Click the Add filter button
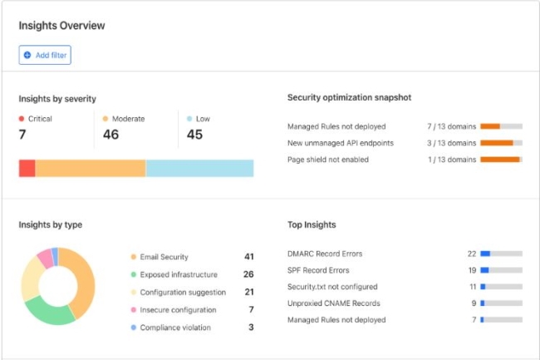click(45, 55)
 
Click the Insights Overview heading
click(61, 26)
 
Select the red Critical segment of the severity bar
click(27, 168)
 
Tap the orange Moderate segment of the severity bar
click(90, 168)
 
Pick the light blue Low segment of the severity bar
click(199, 168)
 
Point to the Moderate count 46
click(110, 135)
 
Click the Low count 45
click(194, 135)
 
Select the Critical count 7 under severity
click(22, 135)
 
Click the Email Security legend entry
click(164, 257)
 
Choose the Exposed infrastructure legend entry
click(179, 274)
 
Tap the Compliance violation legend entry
click(174, 328)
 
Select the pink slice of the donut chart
click(44, 257)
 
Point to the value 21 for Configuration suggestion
click(248, 292)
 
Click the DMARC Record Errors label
click(325, 254)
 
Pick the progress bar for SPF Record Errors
click(501, 270)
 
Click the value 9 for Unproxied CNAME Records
click(474, 303)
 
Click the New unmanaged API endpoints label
click(341, 143)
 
